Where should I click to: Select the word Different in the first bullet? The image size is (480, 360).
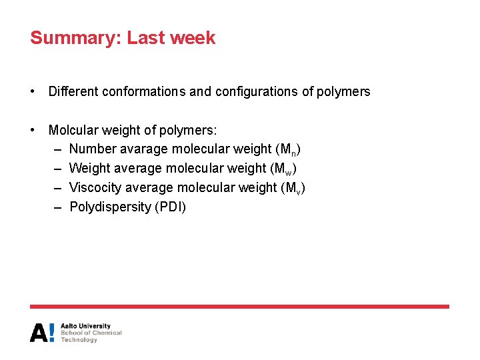73,91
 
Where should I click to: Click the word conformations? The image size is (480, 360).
144,91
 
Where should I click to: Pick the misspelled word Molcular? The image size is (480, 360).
71,130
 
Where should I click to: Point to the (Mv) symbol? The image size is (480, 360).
293,188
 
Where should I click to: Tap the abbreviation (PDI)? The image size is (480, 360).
170,207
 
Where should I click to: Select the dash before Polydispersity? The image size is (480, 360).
57,207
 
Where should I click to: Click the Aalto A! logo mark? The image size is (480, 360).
42,332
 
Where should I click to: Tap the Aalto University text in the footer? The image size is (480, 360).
85,326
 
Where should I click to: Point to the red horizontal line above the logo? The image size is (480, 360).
239,307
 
